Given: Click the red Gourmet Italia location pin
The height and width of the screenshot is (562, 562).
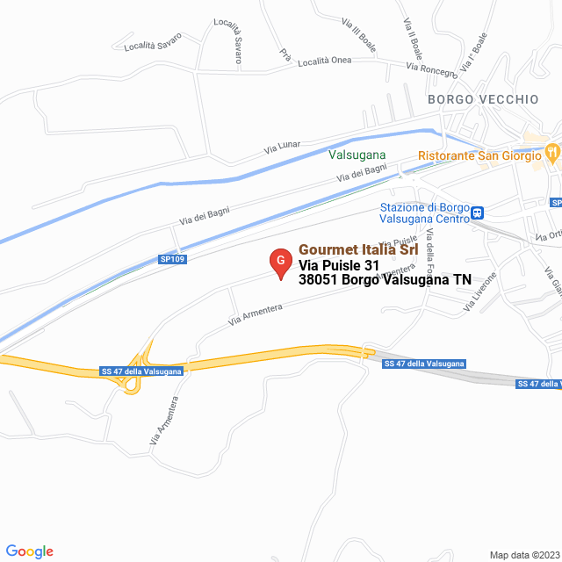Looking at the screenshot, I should [280, 262].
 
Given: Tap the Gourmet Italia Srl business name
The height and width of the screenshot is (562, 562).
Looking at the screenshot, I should [358, 249].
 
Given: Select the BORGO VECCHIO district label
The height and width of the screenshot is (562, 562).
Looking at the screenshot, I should [483, 99].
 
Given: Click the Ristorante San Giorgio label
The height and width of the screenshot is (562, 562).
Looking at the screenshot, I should [480, 156].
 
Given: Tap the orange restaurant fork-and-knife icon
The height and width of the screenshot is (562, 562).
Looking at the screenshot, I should [551, 152].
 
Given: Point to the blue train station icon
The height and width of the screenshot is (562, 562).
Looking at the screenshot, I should [478, 212].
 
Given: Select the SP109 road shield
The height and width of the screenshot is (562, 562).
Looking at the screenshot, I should [172, 259].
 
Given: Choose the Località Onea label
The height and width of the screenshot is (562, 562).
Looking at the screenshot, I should [324, 61].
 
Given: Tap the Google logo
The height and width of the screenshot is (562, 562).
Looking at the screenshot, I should [29, 551].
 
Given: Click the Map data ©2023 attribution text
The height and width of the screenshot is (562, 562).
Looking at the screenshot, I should [523, 554].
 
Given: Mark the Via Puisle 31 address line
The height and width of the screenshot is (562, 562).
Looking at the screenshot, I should [339, 264].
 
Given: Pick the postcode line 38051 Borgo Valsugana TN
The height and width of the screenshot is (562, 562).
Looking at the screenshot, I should [385, 280].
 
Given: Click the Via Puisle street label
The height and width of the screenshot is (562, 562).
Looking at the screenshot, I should [400, 241].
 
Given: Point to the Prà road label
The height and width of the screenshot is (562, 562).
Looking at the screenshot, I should [285, 54].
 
